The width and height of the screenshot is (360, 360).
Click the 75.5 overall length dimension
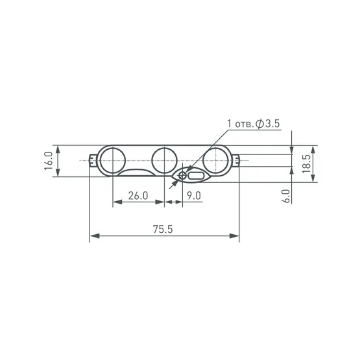click(x=163, y=230)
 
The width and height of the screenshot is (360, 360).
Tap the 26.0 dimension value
click(x=138, y=196)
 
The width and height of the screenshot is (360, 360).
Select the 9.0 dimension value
click(x=194, y=196)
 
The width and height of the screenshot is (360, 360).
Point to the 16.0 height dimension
click(x=49, y=161)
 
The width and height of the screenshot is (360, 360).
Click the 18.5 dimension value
click(x=307, y=163)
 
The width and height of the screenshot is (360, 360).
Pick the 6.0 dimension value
click(x=286, y=197)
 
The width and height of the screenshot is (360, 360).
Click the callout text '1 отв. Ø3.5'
click(x=254, y=124)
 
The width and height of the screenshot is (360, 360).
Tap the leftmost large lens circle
click(x=113, y=160)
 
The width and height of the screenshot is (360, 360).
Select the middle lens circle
click(x=164, y=160)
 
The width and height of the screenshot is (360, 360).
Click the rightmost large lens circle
click(x=216, y=160)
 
